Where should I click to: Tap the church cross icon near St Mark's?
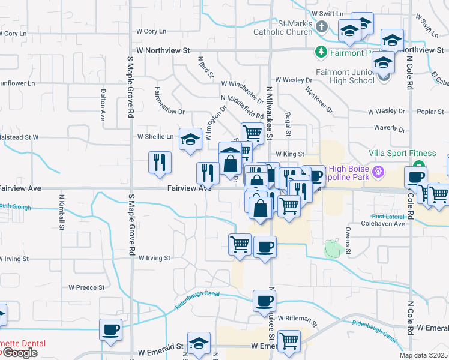click(x=322, y=26)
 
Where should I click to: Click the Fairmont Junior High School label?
click(x=345, y=76)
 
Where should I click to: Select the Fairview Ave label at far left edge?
click(x=20, y=188)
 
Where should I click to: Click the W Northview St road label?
click(x=163, y=52)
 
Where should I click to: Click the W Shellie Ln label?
click(x=155, y=137)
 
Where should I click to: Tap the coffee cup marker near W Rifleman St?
click(x=264, y=301)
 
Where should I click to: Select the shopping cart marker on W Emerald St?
click(x=289, y=341)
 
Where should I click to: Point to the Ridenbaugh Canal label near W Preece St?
click(x=197, y=299)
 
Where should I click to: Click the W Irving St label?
click(x=155, y=258)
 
